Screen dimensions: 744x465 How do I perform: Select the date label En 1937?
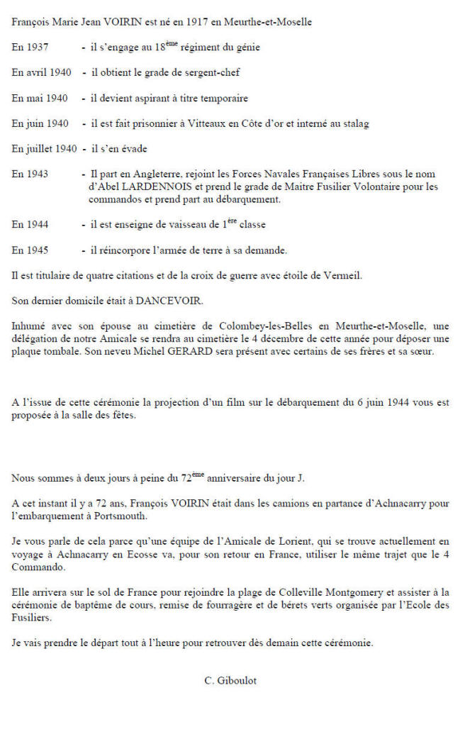pos(29,48)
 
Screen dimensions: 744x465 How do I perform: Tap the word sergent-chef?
pos(220,73)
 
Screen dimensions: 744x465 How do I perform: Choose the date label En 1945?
pos(29,250)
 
